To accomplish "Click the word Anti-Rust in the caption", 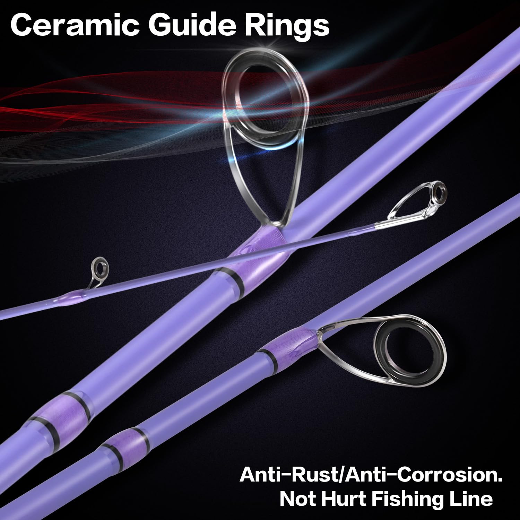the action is pos(288,475).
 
